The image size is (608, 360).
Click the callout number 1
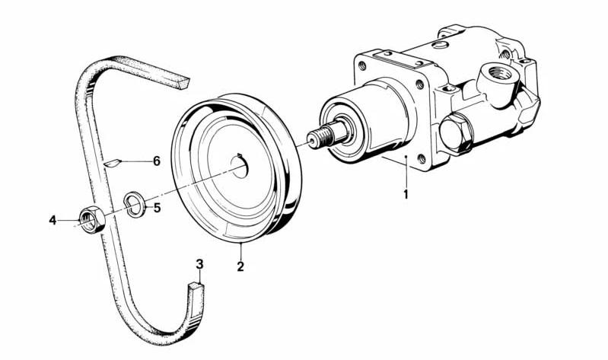pos(406,194)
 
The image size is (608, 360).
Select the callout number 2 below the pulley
pos(240,266)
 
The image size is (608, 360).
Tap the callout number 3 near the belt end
pos(199,265)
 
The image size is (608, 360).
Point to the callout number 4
pos(53,221)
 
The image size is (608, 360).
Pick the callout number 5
pos(157,208)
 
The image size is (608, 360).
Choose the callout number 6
pos(157,161)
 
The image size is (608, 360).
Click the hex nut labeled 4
pos(92,219)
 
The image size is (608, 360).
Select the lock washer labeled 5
pos(135,204)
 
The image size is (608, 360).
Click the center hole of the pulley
pos(240,166)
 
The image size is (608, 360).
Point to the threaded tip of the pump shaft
pos(320,138)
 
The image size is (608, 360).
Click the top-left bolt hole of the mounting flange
pos(362,66)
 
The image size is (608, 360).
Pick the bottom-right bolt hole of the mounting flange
pos(422,158)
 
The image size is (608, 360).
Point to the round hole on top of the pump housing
pos(440,45)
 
